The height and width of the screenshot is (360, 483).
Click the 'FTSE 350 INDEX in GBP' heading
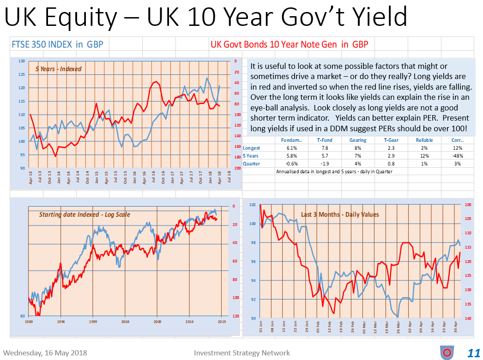pyautogui.click(x=57, y=44)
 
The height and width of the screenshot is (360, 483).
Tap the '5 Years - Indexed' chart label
pyautogui.click(x=58, y=69)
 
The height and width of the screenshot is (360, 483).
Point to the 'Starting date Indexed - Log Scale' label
pyautogui.click(x=85, y=214)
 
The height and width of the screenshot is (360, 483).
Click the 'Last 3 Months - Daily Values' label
pyautogui.click(x=339, y=214)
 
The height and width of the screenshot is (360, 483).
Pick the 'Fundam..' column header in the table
pyautogui.click(x=291, y=140)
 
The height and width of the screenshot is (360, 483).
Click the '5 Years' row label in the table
pyautogui.click(x=251, y=156)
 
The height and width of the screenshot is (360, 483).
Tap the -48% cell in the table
pyautogui.click(x=458, y=156)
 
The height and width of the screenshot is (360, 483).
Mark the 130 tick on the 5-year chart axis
pyautogui.click(x=22, y=61)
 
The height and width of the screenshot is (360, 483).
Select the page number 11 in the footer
pyautogui.click(x=473, y=353)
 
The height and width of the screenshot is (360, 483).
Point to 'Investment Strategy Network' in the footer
pyautogui.click(x=242, y=353)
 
